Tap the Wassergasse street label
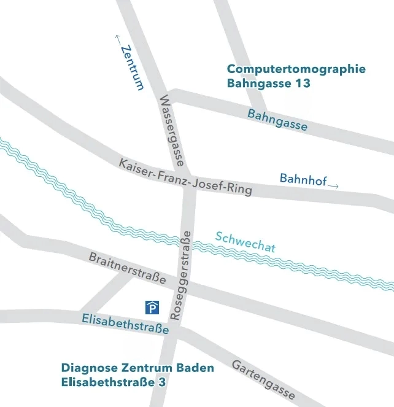172,131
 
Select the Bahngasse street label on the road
277,120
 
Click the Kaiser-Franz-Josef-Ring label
185,177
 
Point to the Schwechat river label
245,242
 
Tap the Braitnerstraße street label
128,268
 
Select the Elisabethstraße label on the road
125,324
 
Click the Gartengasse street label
263,379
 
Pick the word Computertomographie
296,69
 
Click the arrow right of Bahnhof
333,185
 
